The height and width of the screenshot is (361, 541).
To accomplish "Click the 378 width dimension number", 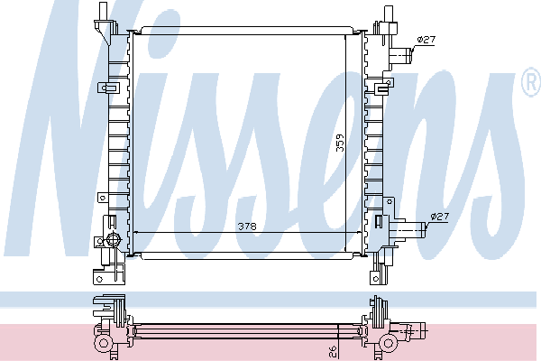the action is coord(247,227).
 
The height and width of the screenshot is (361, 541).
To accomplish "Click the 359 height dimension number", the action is coord(340,143).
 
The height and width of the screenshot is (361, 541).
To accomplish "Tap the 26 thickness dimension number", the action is coord(333,352).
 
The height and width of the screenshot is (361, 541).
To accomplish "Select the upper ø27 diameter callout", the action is coord(426,40).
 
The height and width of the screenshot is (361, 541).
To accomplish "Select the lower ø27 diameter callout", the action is coord(440,217).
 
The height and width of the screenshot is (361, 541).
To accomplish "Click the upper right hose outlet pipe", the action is coord(400,55).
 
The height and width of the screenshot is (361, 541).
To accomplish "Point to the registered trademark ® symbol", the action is coord(531,81).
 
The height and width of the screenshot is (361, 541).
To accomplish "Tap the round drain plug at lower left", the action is coord(113,239).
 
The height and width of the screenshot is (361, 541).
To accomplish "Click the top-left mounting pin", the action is coord(103,11).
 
